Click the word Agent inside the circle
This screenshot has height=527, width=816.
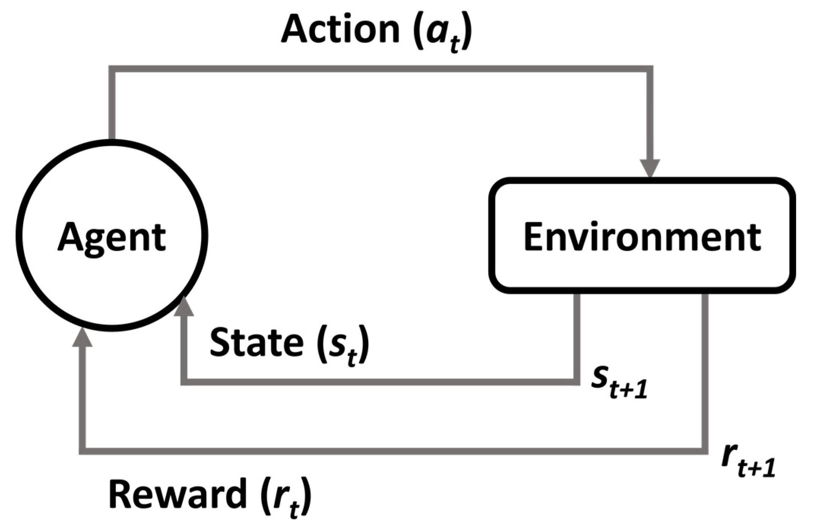pyautogui.click(x=112, y=237)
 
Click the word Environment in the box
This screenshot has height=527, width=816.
pyautogui.click(x=642, y=237)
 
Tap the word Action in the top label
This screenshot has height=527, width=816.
pyautogui.click(x=340, y=30)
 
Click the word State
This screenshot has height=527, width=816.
pyautogui.click(x=257, y=343)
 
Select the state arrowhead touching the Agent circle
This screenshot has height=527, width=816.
pyautogui.click(x=184, y=307)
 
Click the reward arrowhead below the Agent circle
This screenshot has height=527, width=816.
pyautogui.click(x=82, y=337)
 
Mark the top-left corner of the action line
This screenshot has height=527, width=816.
pyautogui.click(x=112, y=68)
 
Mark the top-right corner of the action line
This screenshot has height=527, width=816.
pyautogui.click(x=650, y=68)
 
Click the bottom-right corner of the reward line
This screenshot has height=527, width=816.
pyautogui.click(x=705, y=451)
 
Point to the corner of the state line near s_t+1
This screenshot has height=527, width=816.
pyautogui.click(x=577, y=382)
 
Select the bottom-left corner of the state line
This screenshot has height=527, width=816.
pyautogui.click(x=184, y=382)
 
